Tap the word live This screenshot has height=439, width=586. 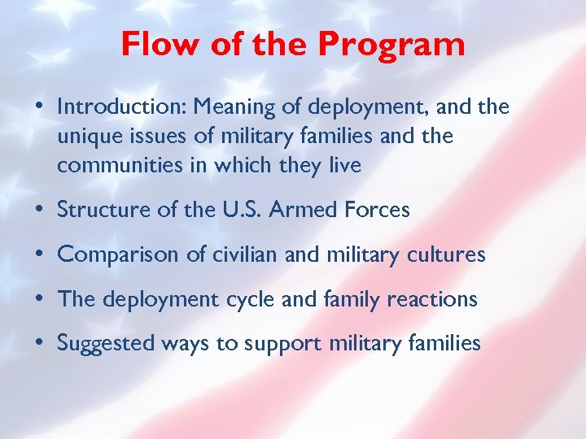[344, 166]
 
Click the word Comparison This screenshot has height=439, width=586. [112, 255]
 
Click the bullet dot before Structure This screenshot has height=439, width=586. [40, 210]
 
